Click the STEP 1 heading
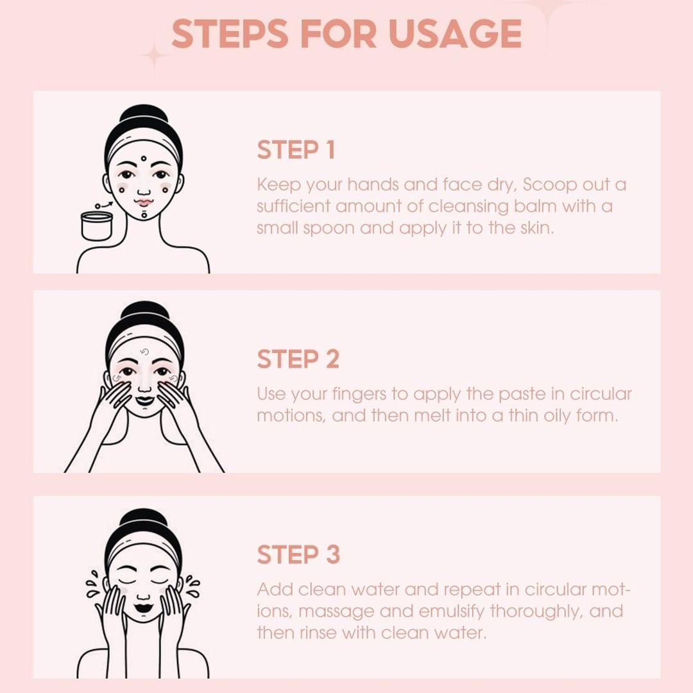(296, 150)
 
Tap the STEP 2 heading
(298, 359)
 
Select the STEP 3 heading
(298, 555)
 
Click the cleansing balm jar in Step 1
(97, 225)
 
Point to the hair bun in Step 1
(144, 115)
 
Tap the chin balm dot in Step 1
(145, 215)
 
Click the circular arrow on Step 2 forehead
(144, 352)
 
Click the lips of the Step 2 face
(144, 400)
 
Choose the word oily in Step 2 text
(558, 415)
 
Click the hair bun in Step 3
(144, 518)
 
